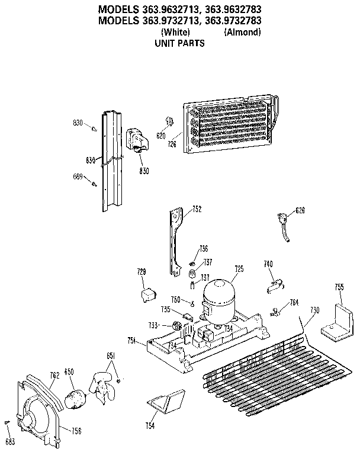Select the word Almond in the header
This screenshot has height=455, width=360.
242,32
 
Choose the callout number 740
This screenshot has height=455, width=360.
268,263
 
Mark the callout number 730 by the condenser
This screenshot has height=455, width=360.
314,310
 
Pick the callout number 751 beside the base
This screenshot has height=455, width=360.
132,339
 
